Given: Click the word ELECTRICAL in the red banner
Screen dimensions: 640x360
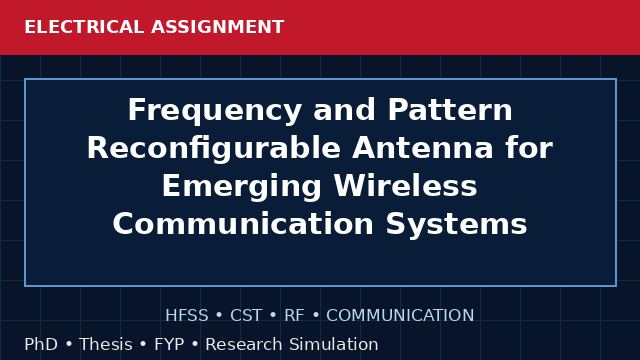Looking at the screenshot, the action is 84,27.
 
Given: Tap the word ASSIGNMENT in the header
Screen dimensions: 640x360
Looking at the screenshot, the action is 217,27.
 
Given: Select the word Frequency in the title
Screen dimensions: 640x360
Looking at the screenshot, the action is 215,111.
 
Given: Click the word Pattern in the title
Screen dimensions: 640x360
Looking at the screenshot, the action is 450,109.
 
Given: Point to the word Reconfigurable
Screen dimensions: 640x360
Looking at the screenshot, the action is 214,149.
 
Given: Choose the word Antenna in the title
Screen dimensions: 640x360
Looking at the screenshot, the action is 422,147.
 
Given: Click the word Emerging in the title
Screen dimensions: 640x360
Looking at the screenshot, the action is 242,187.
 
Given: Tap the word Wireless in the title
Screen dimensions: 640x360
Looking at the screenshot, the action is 405,185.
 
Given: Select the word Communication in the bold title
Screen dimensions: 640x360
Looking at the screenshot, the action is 243,223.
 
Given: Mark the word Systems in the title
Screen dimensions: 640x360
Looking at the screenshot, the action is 456,225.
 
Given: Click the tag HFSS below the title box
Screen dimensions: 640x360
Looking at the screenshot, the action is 187,315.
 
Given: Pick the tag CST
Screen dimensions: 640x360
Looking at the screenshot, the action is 246,315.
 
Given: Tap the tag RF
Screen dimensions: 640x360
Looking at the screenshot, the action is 294,315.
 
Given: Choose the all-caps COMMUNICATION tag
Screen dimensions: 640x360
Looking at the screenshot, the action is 400,315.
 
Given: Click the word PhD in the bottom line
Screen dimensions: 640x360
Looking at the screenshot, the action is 41,344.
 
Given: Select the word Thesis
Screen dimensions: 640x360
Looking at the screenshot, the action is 106,344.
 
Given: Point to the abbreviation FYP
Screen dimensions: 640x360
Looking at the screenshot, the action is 169,344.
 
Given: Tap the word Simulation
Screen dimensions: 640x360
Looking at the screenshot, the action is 334,344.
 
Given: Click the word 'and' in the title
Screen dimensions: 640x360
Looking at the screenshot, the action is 344,109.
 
